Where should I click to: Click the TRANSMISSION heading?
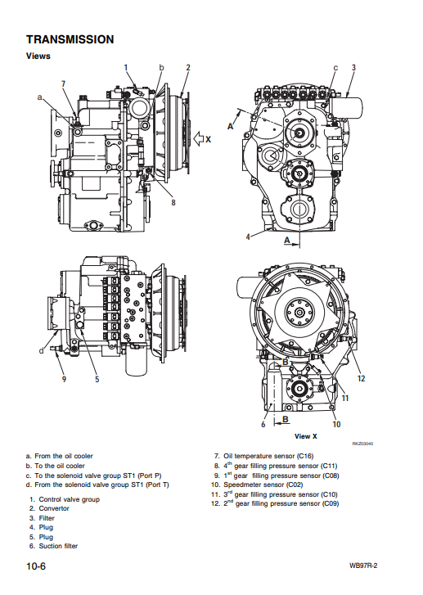70,39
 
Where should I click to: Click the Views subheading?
38,56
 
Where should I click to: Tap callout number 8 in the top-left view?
173,202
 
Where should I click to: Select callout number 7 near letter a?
63,84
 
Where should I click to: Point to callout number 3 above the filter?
353,68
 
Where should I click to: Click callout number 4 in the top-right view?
248,237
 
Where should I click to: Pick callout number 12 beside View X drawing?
361,378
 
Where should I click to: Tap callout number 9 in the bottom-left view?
64,379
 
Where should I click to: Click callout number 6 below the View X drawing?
263,424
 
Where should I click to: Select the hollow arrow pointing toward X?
199,139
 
